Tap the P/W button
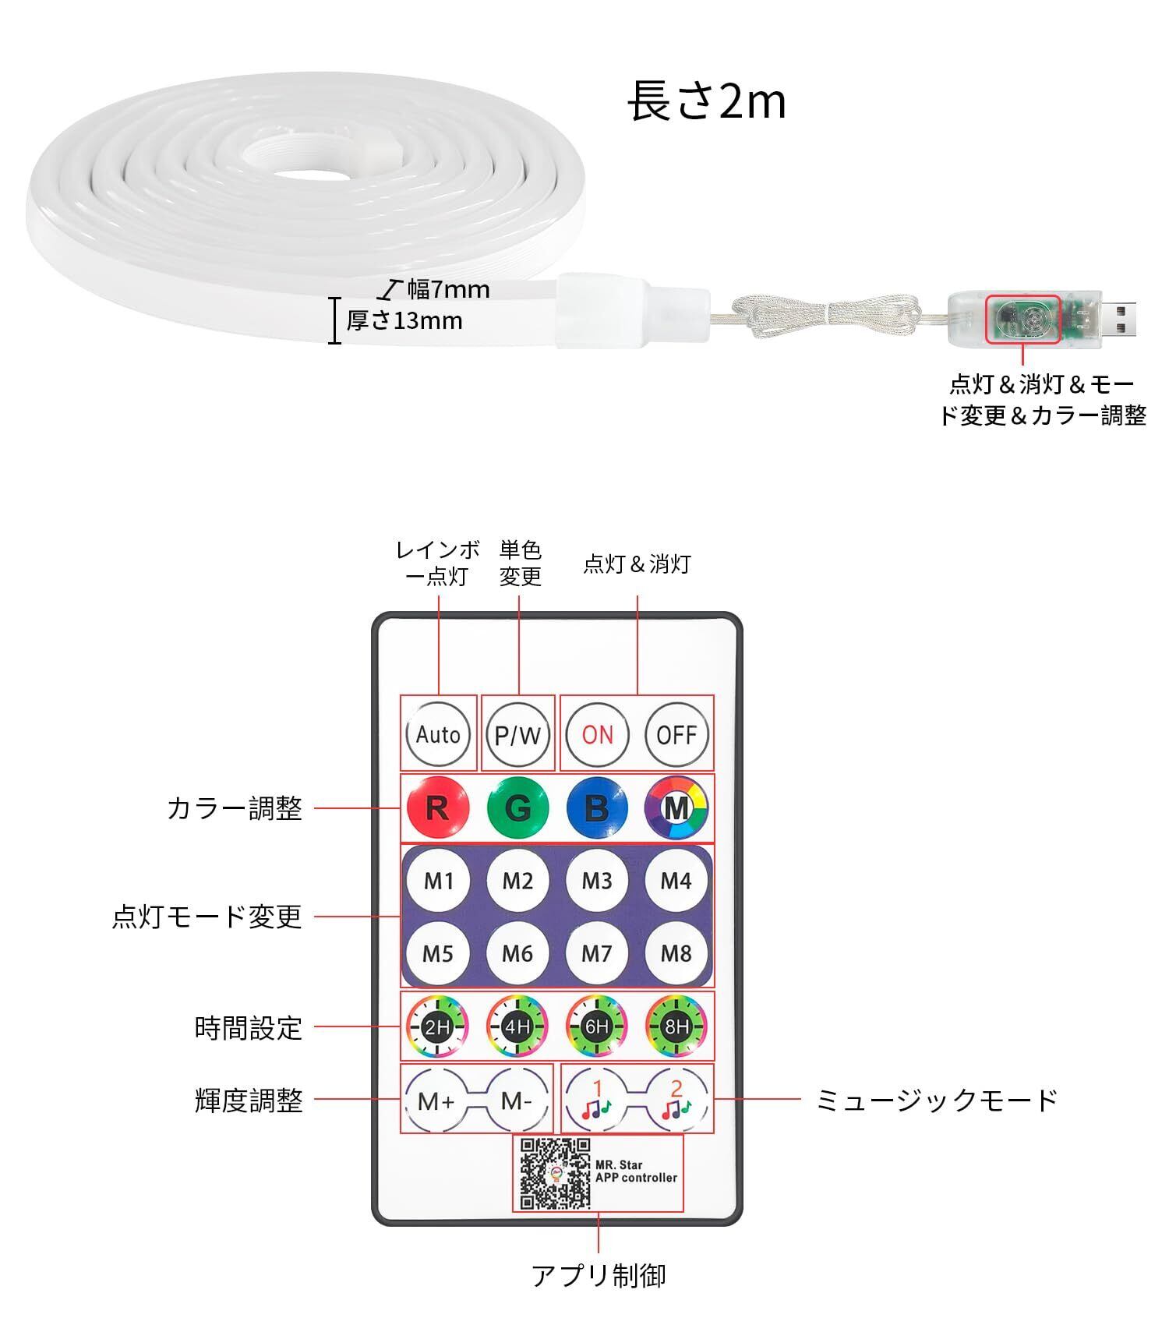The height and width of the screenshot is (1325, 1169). tap(517, 734)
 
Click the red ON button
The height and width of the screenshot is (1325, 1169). tap(598, 734)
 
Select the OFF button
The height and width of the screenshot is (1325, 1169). tap(676, 734)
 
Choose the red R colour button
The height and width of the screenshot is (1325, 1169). tap(438, 807)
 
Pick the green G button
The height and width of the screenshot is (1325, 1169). tap(517, 807)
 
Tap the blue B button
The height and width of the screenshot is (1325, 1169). tap(597, 807)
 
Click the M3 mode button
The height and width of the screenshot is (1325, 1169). tap(597, 881)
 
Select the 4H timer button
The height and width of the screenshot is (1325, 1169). tap(517, 1026)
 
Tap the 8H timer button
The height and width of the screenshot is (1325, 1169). tap(676, 1026)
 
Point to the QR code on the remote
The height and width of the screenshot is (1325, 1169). tap(555, 1174)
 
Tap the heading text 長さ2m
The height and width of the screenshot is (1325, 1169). tap(706, 102)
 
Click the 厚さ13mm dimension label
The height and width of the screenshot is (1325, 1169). tap(404, 320)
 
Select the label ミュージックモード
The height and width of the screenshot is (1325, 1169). tap(936, 1100)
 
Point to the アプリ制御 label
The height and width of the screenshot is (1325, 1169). tap(599, 1276)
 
